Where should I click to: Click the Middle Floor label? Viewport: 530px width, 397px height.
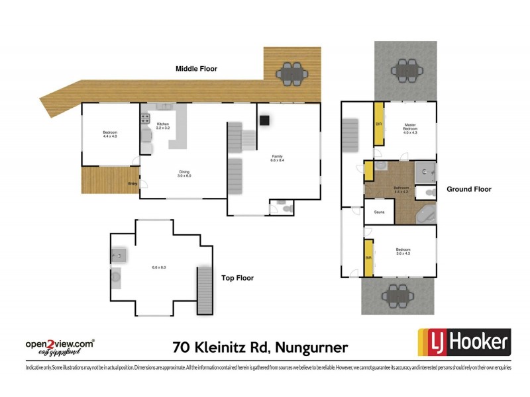[196, 69]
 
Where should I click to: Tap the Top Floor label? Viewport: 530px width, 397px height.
[238, 278]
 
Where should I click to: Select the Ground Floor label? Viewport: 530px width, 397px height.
[468, 189]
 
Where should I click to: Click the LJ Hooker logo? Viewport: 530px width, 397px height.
[463, 343]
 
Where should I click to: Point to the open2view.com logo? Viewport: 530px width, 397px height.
[60, 345]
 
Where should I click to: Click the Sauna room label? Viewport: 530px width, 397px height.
[380, 212]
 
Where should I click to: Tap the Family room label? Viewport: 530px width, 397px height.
[277, 158]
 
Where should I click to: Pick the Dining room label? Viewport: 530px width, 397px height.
[184, 174]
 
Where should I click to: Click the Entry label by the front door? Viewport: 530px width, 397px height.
[132, 184]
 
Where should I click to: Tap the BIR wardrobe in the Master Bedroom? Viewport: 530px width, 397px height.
[380, 124]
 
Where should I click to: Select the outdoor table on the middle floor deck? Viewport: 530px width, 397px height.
[292, 73]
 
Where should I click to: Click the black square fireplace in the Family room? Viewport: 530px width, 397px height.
[264, 120]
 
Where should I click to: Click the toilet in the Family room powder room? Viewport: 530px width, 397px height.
[286, 208]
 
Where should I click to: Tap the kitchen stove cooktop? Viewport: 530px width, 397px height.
[145, 119]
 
